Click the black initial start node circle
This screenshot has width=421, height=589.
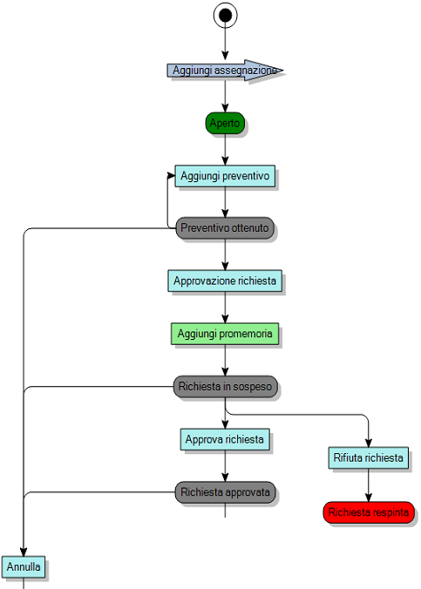(x=226, y=15)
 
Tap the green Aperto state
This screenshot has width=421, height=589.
(x=225, y=123)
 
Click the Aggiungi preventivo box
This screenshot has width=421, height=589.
(x=225, y=176)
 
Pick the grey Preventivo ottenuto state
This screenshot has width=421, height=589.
(x=225, y=228)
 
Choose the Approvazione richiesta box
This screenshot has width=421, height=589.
(x=225, y=281)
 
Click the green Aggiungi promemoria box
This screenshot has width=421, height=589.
(x=225, y=334)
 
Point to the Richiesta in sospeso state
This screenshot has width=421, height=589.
(x=225, y=385)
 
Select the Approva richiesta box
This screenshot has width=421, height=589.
(x=225, y=439)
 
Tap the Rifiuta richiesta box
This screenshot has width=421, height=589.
(x=368, y=457)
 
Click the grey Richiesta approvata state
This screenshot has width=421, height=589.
(x=225, y=492)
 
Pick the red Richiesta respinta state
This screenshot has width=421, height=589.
(x=368, y=512)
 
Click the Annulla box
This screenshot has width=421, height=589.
(x=24, y=567)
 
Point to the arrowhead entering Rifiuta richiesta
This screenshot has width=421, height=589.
(x=368, y=443)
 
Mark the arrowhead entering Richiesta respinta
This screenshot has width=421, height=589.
(x=368, y=498)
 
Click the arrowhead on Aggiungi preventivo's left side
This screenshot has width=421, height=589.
(x=171, y=176)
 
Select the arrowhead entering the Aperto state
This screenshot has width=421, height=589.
(x=225, y=108)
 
